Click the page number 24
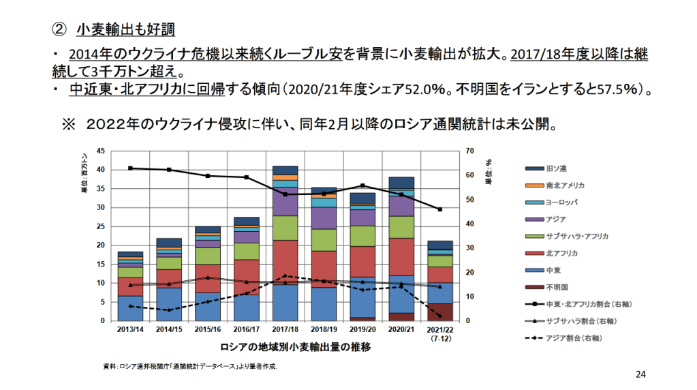(x=640, y=374)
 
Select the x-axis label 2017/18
(x=285, y=329)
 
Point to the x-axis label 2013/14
(x=129, y=329)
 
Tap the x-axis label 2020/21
(x=401, y=329)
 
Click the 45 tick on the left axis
(x=102, y=151)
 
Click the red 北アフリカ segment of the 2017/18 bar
(x=285, y=262)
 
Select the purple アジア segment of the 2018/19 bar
(x=324, y=218)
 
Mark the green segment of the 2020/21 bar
(x=401, y=227)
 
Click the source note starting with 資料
(x=190, y=367)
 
